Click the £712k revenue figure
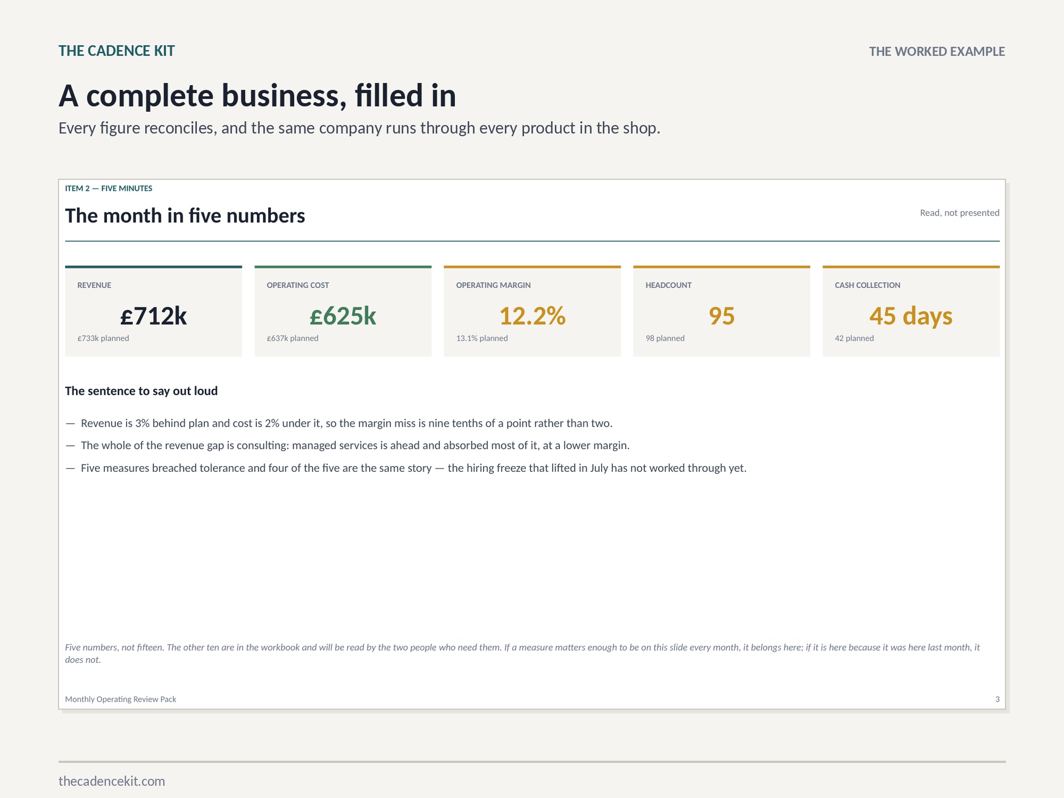(x=153, y=316)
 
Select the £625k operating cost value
(x=343, y=316)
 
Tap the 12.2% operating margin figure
(x=532, y=316)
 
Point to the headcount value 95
(x=721, y=316)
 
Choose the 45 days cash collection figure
(x=911, y=317)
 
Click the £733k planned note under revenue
(x=103, y=338)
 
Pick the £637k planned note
(x=293, y=338)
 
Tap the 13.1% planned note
(x=482, y=338)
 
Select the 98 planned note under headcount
(x=665, y=338)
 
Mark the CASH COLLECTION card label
(x=868, y=285)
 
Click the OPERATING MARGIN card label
(x=493, y=285)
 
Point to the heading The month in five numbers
(x=185, y=215)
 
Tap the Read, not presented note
(x=960, y=213)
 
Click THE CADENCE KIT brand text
(x=117, y=51)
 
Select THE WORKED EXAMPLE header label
(x=937, y=52)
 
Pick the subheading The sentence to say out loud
(x=142, y=391)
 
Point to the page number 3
(x=997, y=699)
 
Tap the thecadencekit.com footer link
(x=112, y=781)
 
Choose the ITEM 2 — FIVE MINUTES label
(x=109, y=188)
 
